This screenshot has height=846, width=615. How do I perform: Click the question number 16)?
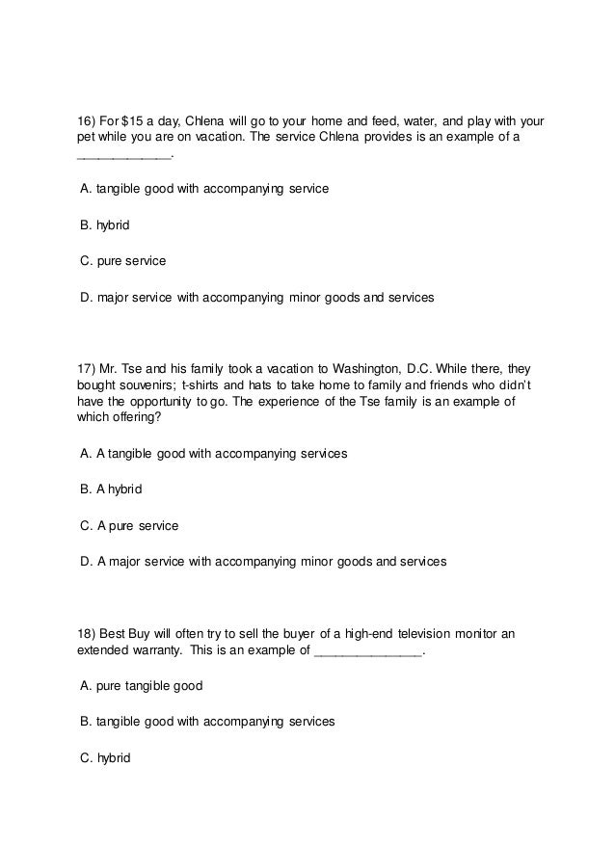click(86, 121)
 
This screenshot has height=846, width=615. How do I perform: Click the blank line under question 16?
click(122, 156)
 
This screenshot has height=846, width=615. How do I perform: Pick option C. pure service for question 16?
click(122, 261)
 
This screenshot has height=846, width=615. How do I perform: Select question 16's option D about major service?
click(256, 298)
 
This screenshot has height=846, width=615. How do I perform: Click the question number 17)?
click(86, 369)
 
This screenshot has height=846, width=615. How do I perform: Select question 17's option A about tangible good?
click(213, 453)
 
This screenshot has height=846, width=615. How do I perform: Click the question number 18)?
click(86, 634)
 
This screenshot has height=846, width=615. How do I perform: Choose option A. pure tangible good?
click(141, 686)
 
